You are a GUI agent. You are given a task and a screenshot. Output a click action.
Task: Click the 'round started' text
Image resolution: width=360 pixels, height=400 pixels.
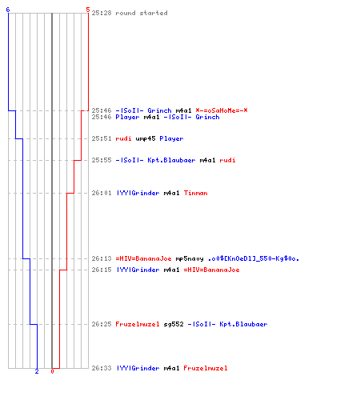coord(142,13)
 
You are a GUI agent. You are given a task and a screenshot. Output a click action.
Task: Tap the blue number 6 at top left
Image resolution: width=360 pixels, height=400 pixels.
coord(8,10)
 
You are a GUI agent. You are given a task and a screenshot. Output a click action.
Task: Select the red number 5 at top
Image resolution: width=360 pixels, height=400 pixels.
coord(88,10)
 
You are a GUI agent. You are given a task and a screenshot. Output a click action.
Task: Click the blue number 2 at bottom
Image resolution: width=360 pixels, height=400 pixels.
coord(37,371)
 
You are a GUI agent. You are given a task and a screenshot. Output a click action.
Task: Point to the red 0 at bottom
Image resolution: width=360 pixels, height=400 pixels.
coord(52,371)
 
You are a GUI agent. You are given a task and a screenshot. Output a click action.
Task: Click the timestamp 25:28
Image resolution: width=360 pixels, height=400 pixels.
coord(102,13)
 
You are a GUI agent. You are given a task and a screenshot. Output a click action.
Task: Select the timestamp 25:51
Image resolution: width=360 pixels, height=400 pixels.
coord(102,138)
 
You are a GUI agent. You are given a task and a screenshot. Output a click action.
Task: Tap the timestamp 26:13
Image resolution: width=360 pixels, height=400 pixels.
coord(102,258)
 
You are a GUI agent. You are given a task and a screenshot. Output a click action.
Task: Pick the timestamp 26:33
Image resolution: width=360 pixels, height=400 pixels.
coord(102,368)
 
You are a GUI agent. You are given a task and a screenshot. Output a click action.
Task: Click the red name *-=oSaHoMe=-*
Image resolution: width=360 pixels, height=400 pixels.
coord(222,110)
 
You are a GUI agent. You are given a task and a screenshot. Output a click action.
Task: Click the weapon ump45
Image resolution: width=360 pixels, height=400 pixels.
coord(146,138)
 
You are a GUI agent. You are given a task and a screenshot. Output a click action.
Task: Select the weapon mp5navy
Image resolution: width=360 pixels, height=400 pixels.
coord(190,258)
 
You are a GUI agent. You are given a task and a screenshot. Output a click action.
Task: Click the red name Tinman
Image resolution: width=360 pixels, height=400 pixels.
coord(195,193)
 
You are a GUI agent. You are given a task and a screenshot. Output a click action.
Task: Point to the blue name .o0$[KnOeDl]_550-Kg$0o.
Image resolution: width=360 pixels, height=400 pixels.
coord(254,258)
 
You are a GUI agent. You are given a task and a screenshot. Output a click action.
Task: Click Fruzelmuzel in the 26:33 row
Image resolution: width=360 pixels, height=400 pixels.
coord(206,368)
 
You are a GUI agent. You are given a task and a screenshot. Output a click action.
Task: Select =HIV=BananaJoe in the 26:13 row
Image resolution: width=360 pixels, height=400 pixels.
coord(143,258)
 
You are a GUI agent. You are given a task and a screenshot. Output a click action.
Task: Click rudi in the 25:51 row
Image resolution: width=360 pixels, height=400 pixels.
coord(123,138)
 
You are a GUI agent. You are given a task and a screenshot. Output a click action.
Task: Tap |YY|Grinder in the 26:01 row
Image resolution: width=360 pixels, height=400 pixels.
coord(138,193)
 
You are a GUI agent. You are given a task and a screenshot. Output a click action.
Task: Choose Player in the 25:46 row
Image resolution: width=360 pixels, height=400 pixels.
coord(127,117)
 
